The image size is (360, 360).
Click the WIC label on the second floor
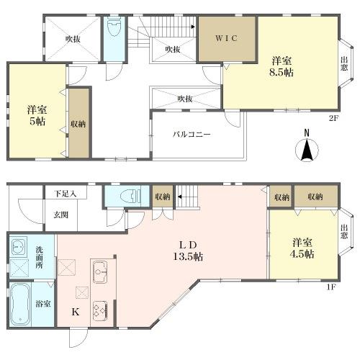(226, 38)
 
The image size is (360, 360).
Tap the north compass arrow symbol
(307, 149)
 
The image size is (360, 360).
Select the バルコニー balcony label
(192, 134)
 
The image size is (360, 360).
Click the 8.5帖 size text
(282, 73)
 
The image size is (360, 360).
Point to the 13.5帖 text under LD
(188, 257)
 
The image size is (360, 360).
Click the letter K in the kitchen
(76, 312)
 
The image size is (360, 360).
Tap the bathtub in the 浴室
(20, 304)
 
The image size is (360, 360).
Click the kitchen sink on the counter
(100, 272)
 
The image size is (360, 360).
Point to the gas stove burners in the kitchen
(100, 310)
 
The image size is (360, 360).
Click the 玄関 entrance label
(60, 215)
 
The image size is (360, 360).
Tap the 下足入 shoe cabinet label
(65, 194)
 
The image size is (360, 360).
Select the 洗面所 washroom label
(40, 257)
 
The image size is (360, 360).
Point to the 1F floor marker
(330, 287)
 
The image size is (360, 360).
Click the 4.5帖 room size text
(302, 254)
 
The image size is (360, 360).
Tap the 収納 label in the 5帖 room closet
(78, 124)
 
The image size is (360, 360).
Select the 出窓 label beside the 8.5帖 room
(344, 63)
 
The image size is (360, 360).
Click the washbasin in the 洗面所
(18, 246)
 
